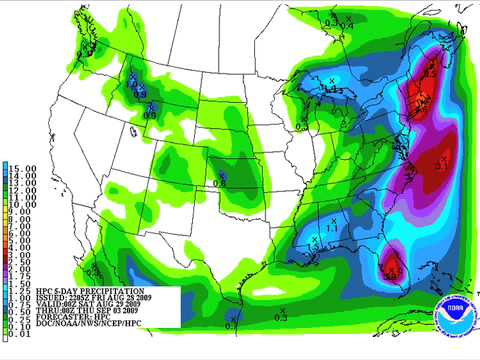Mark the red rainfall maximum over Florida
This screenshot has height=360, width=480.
pyautogui.click(x=392, y=265)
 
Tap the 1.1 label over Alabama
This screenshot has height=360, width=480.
pyautogui.click(x=331, y=228)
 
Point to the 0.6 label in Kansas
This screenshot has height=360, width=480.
pyautogui.click(x=223, y=181)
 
